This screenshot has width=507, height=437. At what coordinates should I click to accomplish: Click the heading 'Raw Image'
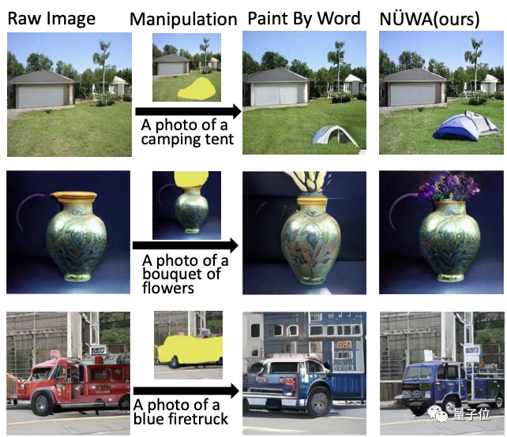click(51, 18)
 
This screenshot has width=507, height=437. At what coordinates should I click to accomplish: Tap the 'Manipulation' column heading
click(183, 20)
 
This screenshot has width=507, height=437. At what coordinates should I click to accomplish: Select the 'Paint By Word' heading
click(304, 18)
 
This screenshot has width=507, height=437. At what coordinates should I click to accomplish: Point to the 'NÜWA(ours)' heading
click(430, 19)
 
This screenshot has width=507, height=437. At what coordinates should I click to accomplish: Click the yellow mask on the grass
click(197, 88)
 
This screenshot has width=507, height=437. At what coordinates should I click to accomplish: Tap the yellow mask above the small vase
click(191, 179)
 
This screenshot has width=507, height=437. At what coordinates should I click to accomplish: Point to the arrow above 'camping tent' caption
click(188, 111)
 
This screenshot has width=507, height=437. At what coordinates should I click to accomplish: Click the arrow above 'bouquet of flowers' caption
click(186, 245)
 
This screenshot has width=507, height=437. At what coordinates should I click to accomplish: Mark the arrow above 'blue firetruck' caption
click(186, 390)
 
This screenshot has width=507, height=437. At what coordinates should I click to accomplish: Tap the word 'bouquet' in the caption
click(171, 274)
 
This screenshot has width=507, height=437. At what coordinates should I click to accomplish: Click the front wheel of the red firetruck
click(43, 403)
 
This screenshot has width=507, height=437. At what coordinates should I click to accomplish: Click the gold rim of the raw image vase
click(73, 196)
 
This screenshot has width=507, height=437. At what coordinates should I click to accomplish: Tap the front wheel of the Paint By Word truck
click(319, 404)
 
